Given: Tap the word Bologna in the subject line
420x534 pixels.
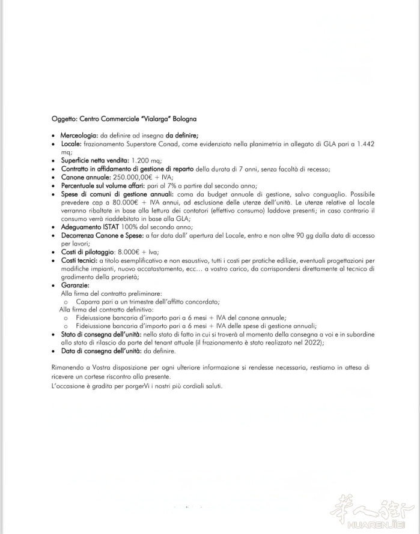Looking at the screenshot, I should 185,119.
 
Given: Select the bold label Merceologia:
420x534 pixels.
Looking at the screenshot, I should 79,136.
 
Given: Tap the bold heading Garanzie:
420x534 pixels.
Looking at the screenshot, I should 75,286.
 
